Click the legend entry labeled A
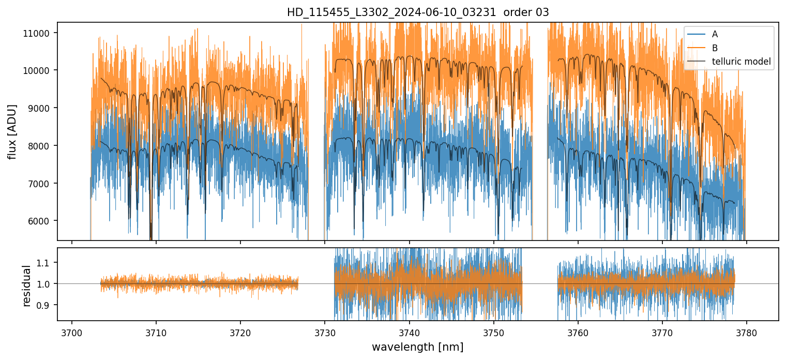point(715,34)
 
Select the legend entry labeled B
point(715,48)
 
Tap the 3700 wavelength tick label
point(72,332)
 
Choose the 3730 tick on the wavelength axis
point(325,332)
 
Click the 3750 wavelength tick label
point(493,332)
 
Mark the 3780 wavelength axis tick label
point(747,332)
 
